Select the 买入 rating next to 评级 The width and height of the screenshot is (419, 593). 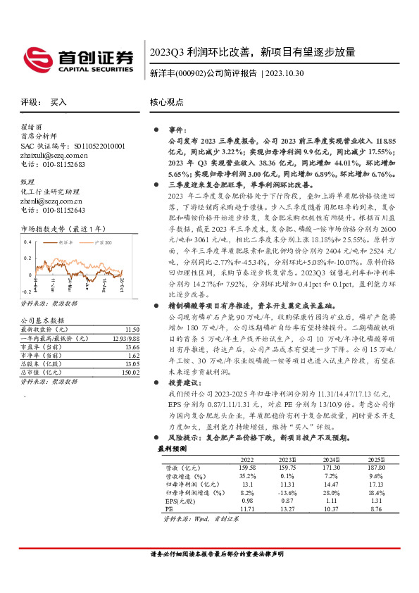click(58, 102)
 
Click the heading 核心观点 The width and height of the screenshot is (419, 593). click(165, 102)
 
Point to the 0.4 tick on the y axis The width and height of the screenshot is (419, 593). click(27, 242)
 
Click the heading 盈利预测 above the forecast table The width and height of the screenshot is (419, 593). click(172, 448)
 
